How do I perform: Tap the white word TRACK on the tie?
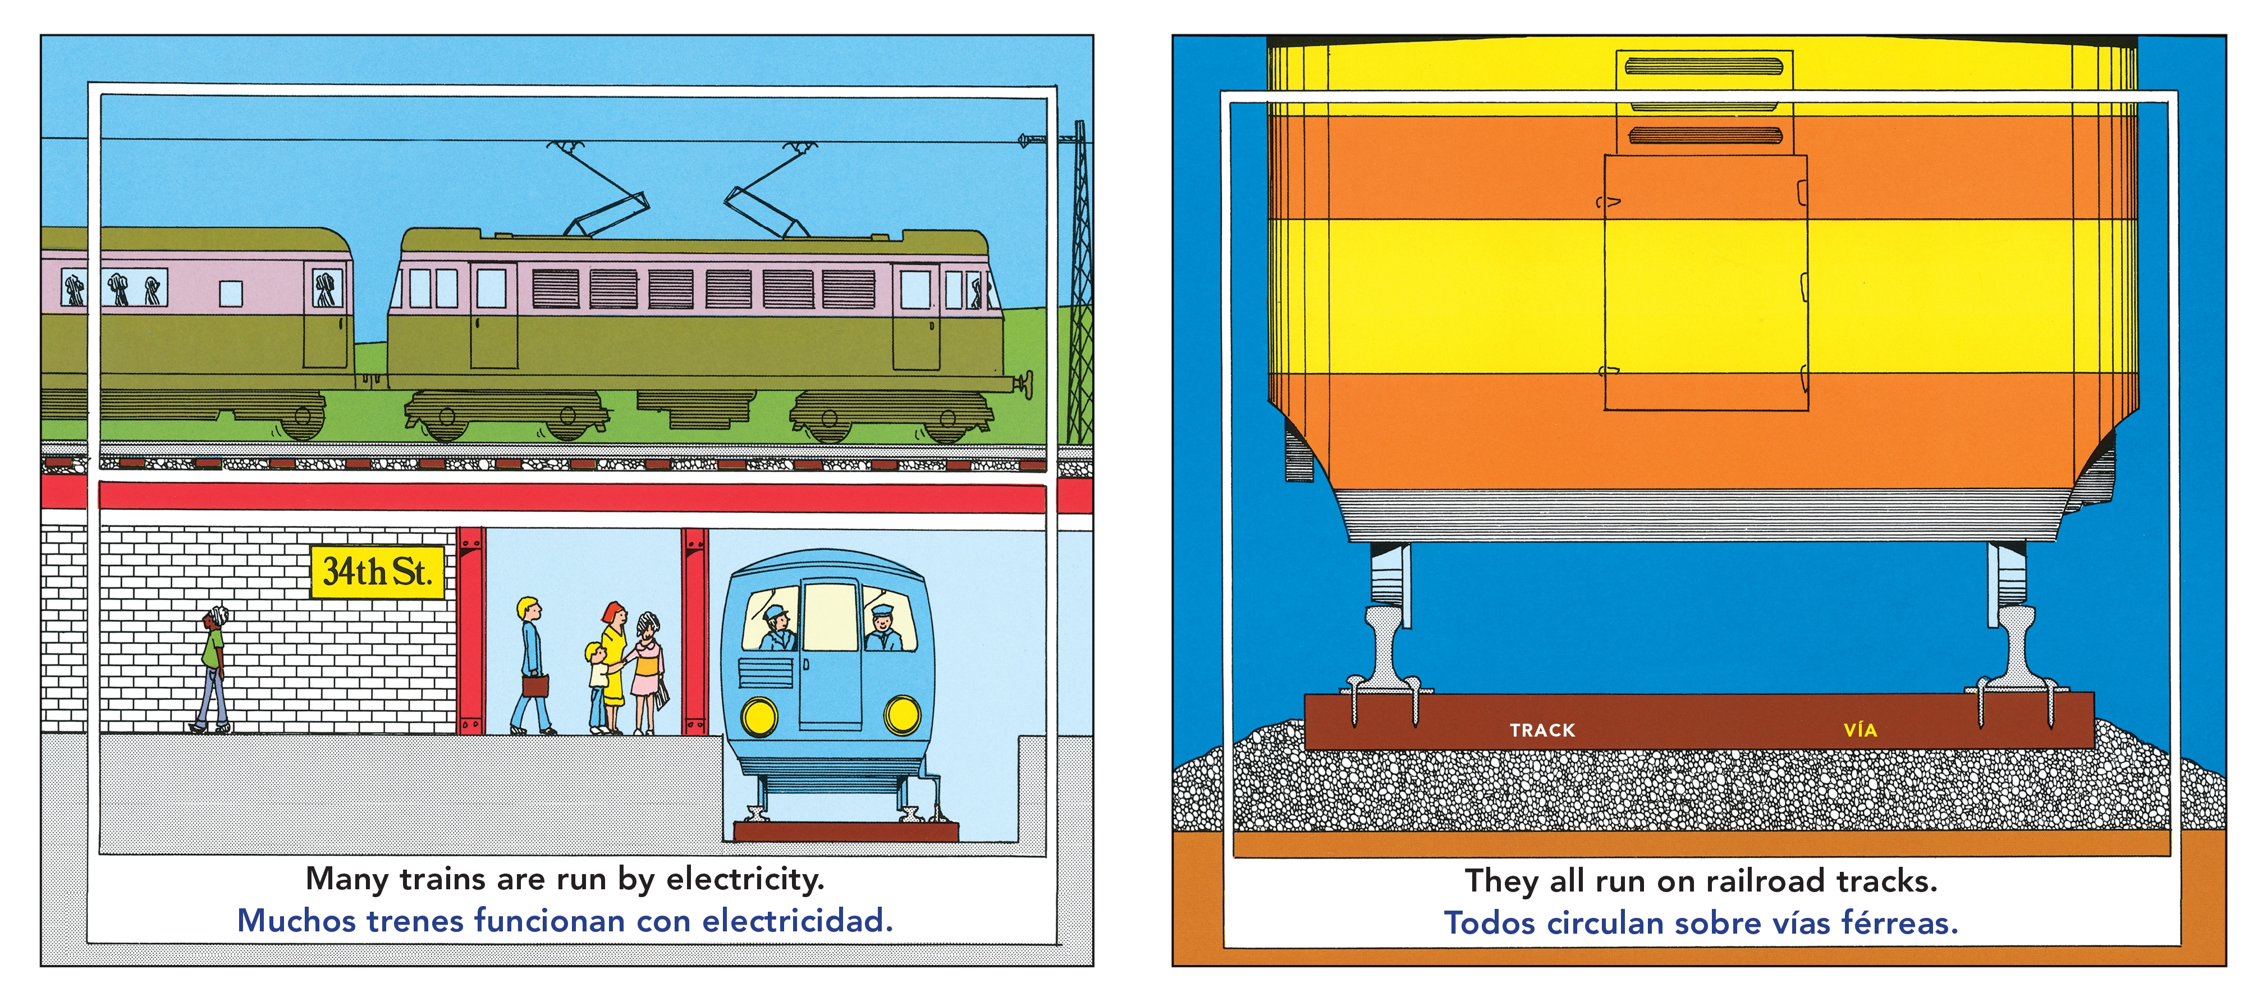point(1542,730)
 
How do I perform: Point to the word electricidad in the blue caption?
point(798,921)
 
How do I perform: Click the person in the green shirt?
point(213,669)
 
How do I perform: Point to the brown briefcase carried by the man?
point(534,686)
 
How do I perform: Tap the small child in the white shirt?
point(598,687)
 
